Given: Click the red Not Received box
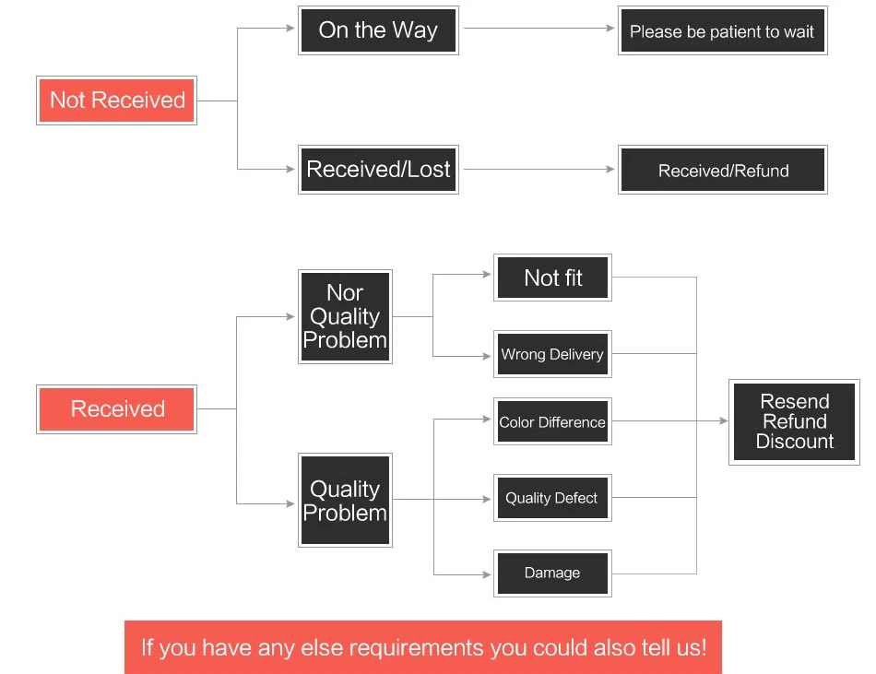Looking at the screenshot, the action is pyautogui.click(x=117, y=101).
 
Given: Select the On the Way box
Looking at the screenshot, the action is pyautogui.click(x=378, y=30).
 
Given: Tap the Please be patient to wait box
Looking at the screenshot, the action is pyautogui.click(x=722, y=30).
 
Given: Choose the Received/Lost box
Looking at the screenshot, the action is pyautogui.click(x=378, y=170).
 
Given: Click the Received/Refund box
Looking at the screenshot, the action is pyautogui.click(x=722, y=170).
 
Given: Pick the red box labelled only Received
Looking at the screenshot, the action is pyautogui.click(x=117, y=409).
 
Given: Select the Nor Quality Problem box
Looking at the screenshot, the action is pyautogui.click(x=345, y=316).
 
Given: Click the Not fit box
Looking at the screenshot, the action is pyautogui.click(x=552, y=278).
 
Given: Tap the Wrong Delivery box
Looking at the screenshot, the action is pyautogui.click(x=552, y=354).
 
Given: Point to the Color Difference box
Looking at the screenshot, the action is pyautogui.click(x=552, y=421).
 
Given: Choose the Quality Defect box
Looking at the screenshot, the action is pyautogui.click(x=552, y=498).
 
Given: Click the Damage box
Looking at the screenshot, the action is pyautogui.click(x=552, y=573).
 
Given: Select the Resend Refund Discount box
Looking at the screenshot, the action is pyautogui.click(x=794, y=422).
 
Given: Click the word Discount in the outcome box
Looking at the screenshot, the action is pyautogui.click(x=795, y=442).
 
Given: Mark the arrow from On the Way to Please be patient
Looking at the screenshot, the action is pyautogui.click(x=539, y=28).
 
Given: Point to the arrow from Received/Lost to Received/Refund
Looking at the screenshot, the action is pyautogui.click(x=539, y=169).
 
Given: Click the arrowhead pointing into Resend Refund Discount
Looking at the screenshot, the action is pyautogui.click(x=724, y=420).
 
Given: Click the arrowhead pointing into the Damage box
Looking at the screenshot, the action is pyautogui.click(x=487, y=574).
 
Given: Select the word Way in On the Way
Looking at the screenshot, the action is pyautogui.click(x=415, y=30).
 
